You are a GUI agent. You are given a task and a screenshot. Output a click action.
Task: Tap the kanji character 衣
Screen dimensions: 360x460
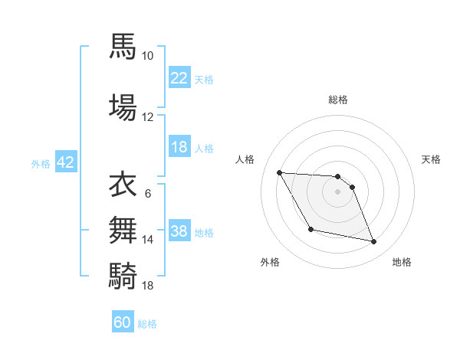tap(123, 185)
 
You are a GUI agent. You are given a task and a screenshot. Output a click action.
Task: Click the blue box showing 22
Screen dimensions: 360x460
tap(179, 78)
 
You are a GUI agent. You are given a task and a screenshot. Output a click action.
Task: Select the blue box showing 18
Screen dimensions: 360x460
tap(179, 147)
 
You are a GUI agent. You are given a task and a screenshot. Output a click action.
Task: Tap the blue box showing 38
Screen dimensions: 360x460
tap(179, 231)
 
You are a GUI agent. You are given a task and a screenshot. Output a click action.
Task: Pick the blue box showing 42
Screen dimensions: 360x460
tap(65, 162)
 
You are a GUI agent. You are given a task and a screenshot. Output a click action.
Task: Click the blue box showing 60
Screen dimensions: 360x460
tap(123, 322)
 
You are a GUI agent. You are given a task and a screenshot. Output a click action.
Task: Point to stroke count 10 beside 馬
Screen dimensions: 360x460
tap(148, 56)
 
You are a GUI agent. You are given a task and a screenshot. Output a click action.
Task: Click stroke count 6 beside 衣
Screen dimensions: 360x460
tap(147, 194)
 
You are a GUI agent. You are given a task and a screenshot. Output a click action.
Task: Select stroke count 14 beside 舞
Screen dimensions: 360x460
tap(148, 240)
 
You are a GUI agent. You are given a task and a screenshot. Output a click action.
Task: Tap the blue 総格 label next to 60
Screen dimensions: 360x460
tap(147, 324)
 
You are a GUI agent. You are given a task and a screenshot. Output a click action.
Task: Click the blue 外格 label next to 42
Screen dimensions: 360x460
tap(41, 163)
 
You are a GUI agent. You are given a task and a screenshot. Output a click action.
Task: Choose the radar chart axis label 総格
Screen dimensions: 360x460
tap(337, 100)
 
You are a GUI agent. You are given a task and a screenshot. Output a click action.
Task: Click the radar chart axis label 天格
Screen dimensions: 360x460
tap(432, 159)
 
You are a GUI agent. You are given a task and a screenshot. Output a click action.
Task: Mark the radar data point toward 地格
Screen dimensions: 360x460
tap(374, 242)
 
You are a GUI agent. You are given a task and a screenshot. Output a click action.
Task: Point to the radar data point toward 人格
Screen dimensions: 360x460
tap(279, 172)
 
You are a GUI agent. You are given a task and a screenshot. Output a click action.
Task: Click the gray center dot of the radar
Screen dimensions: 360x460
tap(337, 191)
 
